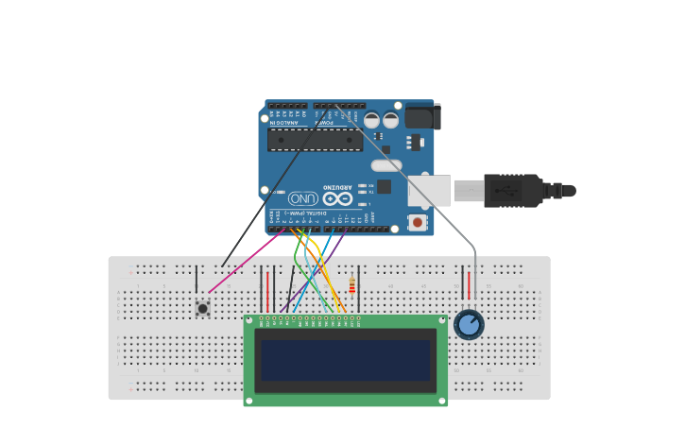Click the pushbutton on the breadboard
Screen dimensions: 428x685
point(202,308)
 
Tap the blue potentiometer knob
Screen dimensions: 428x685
point(469,324)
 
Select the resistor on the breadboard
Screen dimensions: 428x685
point(351,285)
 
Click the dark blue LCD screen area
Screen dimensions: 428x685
point(345,360)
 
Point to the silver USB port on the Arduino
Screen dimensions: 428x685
point(428,191)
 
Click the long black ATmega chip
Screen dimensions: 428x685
point(315,140)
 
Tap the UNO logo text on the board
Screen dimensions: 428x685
point(303,198)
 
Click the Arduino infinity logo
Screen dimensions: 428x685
point(337,198)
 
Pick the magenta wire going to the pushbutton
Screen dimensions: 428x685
point(246,261)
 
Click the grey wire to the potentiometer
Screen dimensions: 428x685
point(416,185)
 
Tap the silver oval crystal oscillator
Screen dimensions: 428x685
point(385,165)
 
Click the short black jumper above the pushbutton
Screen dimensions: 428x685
point(197,279)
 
